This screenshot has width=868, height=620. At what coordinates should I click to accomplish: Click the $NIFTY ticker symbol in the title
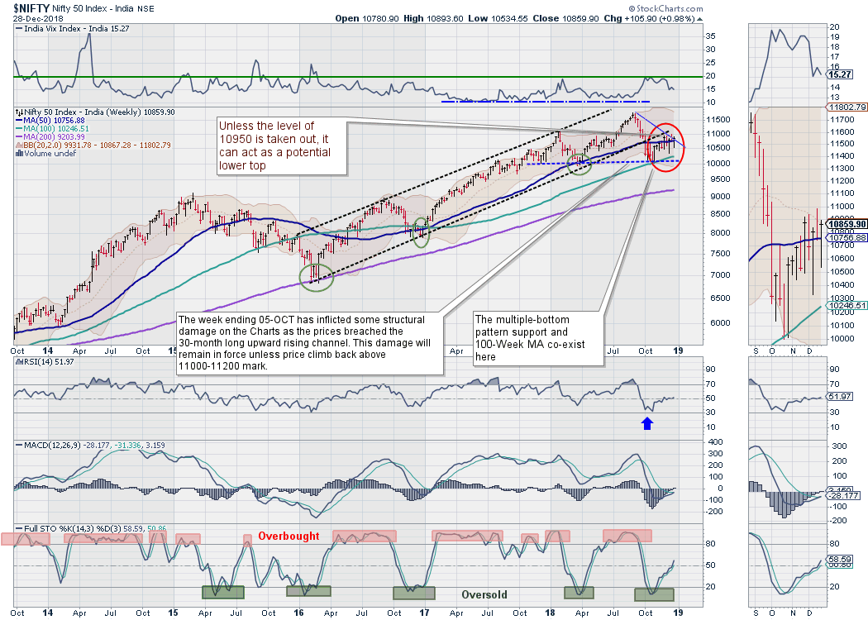click(x=31, y=7)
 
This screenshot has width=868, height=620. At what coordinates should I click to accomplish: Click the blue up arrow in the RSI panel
click(x=647, y=424)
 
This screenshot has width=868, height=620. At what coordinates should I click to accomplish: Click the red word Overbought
click(x=289, y=536)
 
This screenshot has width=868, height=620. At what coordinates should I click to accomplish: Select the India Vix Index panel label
click(x=65, y=27)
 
